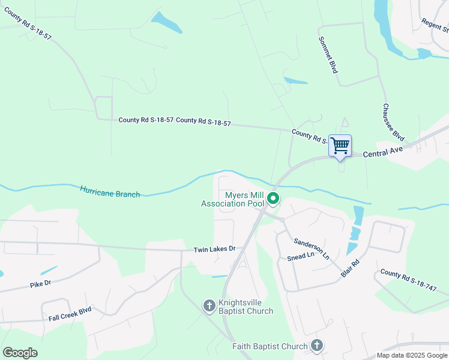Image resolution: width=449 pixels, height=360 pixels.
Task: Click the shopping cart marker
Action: (340, 146)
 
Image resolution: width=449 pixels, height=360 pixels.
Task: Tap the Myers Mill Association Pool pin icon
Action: (273, 198)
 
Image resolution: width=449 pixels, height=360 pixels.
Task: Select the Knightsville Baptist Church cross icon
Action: (209, 305)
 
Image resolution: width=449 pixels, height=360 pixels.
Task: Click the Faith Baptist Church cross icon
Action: (317, 346)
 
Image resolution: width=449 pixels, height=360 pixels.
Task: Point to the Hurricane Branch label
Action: (110, 192)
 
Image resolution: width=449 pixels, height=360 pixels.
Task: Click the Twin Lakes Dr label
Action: (214, 249)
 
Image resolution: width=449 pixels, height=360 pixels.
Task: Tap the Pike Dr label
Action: (41, 283)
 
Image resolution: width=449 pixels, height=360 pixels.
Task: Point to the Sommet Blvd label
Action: (328, 53)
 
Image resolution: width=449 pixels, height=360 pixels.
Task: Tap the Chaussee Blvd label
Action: (393, 123)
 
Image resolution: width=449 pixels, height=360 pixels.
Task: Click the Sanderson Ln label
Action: (312, 248)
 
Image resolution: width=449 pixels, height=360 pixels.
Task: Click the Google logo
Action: (20, 352)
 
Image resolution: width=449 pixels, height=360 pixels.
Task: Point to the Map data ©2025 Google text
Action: (412, 355)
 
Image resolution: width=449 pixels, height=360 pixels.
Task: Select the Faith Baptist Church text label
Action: (270, 347)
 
